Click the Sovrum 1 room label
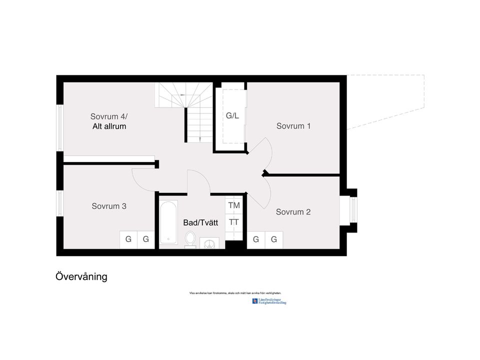point(293,126)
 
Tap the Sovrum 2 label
point(293,212)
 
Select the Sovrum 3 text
point(109,206)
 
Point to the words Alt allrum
point(109,126)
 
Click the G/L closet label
point(232,116)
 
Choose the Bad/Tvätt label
point(200,223)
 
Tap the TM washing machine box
point(234,205)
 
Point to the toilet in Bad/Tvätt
point(190,239)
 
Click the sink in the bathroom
point(210,243)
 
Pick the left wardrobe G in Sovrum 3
point(128,239)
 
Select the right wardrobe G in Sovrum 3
point(146,239)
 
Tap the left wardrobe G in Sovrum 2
point(256,239)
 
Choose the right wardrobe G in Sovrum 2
point(274,239)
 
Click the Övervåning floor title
point(81,276)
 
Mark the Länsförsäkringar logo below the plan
point(270,301)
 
